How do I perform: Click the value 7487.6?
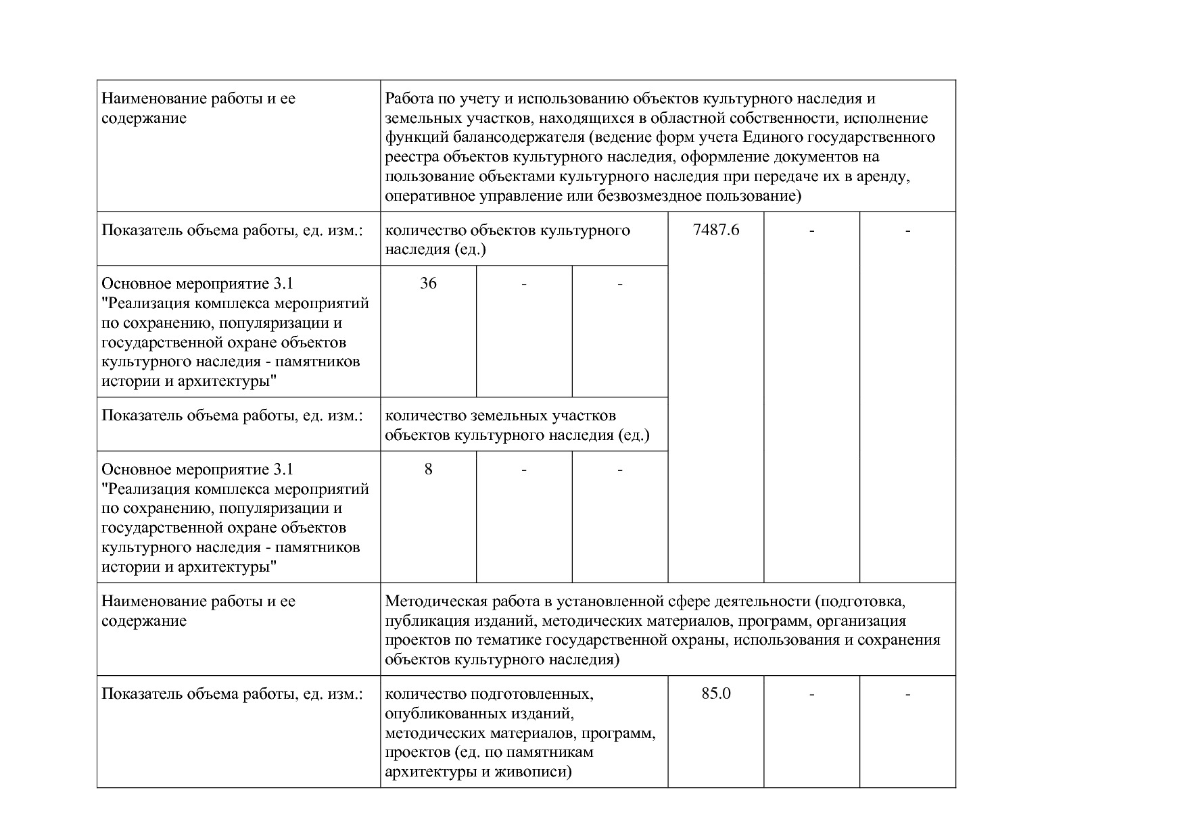pyautogui.click(x=715, y=230)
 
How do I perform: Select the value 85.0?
pyautogui.click(x=715, y=694)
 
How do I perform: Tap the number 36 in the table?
pyautogui.click(x=428, y=284)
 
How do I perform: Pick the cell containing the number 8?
pyautogui.click(x=428, y=470)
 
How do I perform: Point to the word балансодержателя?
pyautogui.click(x=515, y=138)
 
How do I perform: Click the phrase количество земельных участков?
pyautogui.click(x=500, y=416)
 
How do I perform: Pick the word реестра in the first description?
pyautogui.click(x=412, y=157)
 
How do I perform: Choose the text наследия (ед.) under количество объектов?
pyautogui.click(x=435, y=249)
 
